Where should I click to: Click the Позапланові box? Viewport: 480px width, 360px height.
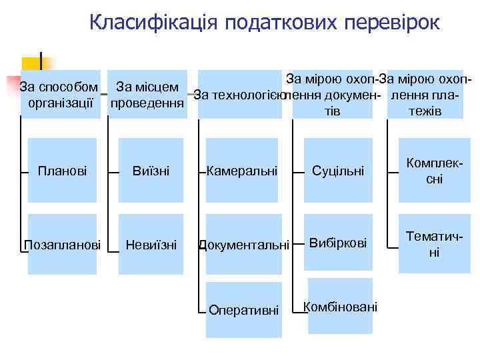(61, 245)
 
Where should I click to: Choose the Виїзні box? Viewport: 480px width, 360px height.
(151, 171)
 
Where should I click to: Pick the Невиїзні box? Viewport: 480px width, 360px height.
(151, 245)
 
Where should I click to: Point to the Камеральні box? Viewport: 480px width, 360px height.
(241, 171)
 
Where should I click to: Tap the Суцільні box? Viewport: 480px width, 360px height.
(338, 171)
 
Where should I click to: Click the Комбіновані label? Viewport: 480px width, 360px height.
(340, 307)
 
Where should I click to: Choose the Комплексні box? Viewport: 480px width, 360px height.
(433, 171)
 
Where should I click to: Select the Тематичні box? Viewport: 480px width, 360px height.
(433, 245)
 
